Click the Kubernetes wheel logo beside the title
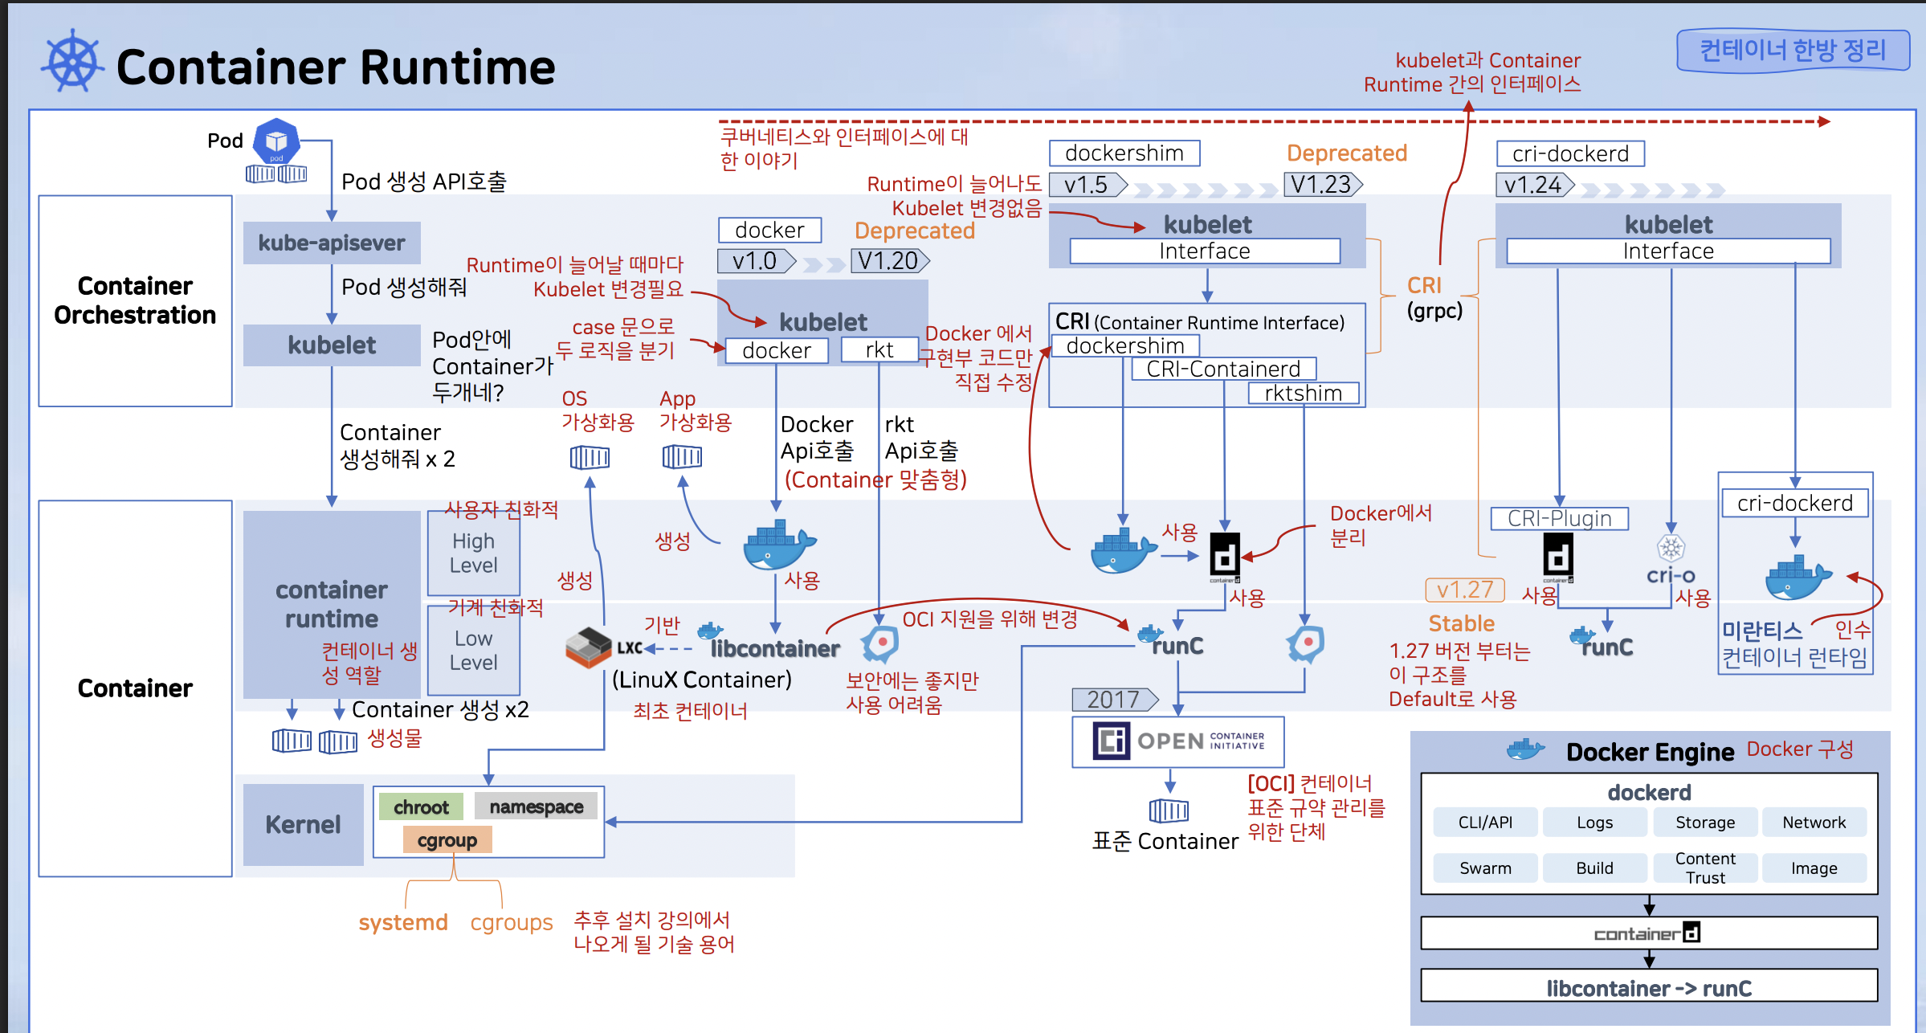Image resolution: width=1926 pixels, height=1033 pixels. (x=72, y=61)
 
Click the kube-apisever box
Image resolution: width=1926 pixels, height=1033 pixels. (x=332, y=243)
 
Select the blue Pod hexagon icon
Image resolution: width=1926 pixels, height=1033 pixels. (x=276, y=141)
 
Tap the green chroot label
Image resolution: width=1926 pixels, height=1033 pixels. (x=421, y=807)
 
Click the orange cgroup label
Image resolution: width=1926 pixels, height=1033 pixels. (x=447, y=840)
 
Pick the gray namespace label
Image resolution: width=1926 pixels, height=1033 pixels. (x=536, y=806)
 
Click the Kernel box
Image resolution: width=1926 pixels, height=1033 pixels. (x=304, y=824)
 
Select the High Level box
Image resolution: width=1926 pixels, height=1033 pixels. (x=473, y=553)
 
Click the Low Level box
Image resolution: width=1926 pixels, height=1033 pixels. (x=473, y=650)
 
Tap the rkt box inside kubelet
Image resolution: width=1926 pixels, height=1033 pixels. (x=879, y=350)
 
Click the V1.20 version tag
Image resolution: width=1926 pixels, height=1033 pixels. (x=888, y=261)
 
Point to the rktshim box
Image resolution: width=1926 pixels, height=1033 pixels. (x=1303, y=393)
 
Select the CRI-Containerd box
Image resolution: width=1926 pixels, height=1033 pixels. (x=1223, y=369)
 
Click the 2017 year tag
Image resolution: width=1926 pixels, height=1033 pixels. (x=1114, y=700)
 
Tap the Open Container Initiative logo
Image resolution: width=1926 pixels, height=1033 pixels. (x=1177, y=741)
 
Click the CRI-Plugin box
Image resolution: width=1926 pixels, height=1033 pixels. (x=1559, y=518)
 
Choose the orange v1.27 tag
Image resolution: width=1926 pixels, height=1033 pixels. (x=1464, y=590)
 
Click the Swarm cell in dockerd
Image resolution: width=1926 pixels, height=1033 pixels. (x=1485, y=868)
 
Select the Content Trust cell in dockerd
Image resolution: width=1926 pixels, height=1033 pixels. (x=1704, y=868)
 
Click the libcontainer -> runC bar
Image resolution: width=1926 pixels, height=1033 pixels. (x=1649, y=987)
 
